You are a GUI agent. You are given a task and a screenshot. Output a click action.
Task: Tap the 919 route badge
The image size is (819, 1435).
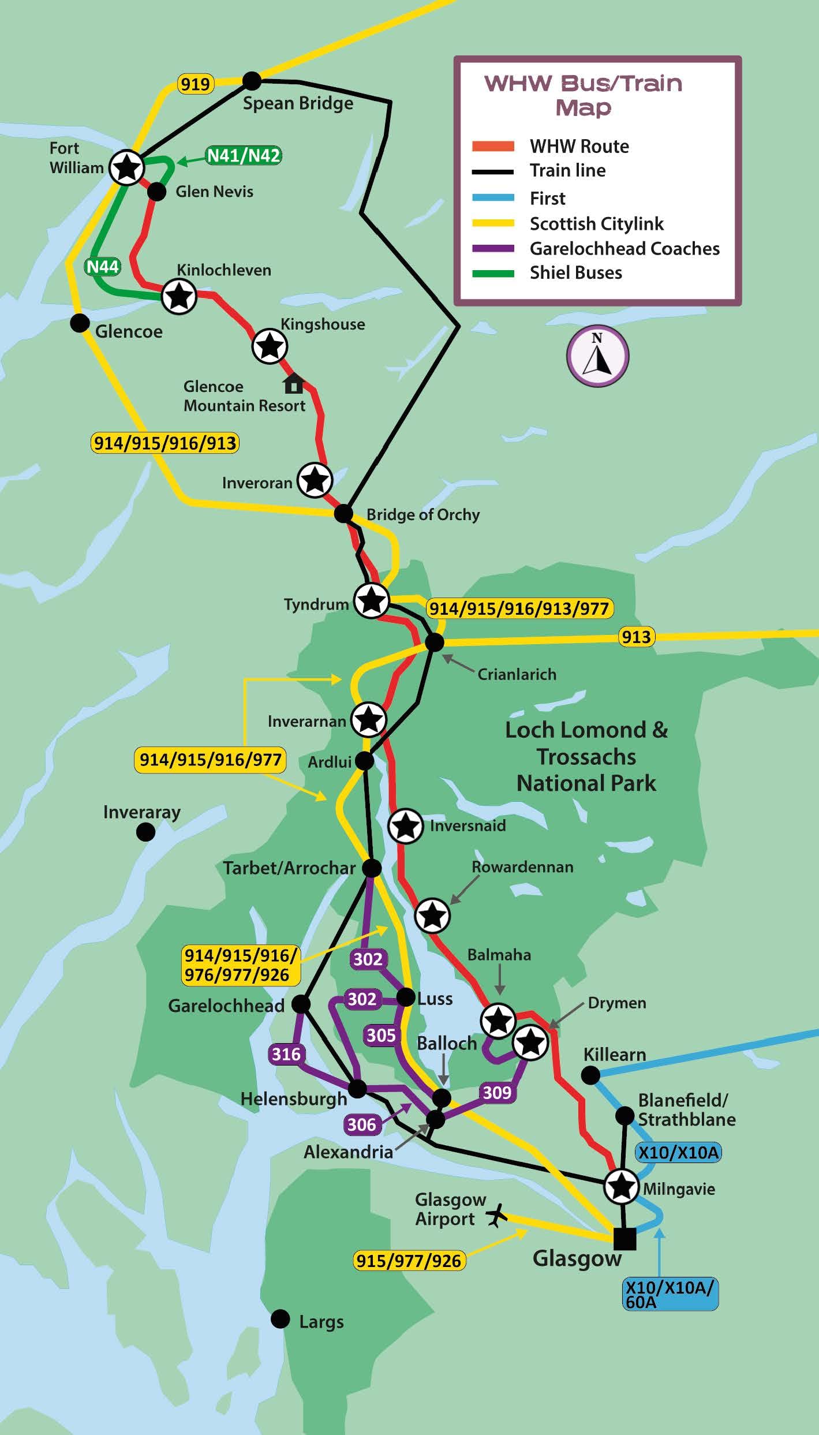click(195, 84)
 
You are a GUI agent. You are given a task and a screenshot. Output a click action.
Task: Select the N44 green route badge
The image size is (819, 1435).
click(102, 267)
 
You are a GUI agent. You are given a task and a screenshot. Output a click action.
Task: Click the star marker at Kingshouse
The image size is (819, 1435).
click(270, 346)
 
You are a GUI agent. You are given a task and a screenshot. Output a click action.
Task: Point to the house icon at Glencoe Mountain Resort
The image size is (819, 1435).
click(294, 383)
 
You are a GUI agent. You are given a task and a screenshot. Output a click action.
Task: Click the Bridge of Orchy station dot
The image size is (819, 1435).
click(343, 513)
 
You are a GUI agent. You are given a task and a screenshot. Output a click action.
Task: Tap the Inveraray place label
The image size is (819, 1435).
click(141, 812)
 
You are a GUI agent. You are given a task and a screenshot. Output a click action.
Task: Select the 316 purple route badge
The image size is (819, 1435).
click(286, 1054)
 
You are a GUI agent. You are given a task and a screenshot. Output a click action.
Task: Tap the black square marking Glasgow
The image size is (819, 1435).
click(624, 1239)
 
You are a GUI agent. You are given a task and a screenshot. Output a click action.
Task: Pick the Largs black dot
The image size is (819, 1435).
click(281, 1318)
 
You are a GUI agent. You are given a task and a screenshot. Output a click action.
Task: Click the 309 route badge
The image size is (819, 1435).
click(496, 1092)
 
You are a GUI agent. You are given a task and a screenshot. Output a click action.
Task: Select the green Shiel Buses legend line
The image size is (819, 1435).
click(493, 274)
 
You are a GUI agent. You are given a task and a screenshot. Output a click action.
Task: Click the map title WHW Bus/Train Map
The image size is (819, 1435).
click(583, 95)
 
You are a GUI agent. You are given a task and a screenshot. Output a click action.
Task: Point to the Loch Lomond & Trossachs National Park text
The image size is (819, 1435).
click(586, 756)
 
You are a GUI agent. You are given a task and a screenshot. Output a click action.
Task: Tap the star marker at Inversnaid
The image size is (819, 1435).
click(405, 826)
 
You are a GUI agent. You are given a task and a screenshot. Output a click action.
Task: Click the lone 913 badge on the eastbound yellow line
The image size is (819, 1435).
click(637, 637)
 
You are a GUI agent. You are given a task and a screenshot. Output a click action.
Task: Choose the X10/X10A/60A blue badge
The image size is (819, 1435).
click(670, 1293)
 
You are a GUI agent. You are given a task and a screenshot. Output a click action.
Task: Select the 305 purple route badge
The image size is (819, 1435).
click(381, 1035)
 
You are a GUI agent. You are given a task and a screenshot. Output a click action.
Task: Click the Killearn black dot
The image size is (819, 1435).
click(590, 1075)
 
